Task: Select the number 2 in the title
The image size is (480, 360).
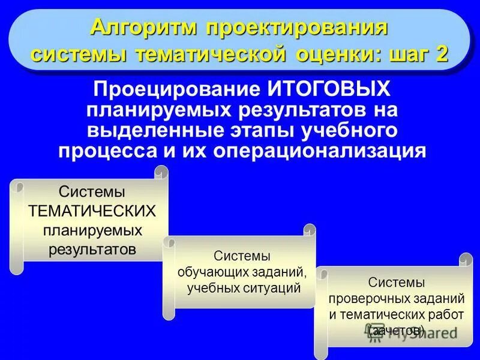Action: (x=442, y=54)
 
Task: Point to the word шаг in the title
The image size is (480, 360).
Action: (x=408, y=54)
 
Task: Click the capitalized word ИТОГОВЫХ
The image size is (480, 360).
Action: (x=328, y=91)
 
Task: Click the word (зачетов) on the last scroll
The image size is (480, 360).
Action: (x=397, y=329)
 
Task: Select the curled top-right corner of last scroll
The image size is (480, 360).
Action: (x=466, y=260)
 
